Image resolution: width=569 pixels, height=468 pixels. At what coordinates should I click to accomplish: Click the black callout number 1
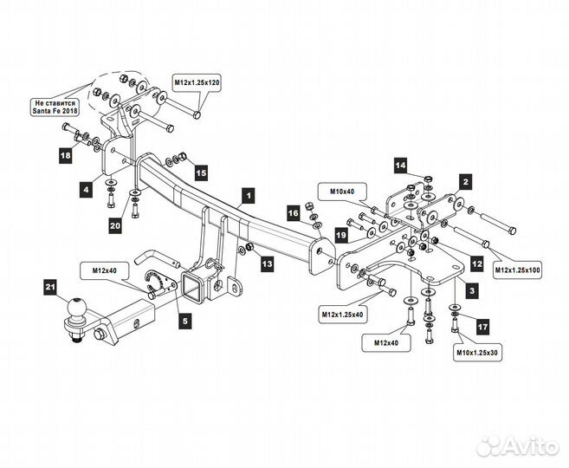(249, 196)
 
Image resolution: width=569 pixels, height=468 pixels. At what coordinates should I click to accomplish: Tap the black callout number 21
(50, 288)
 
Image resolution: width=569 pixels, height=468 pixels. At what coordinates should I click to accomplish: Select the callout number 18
(66, 156)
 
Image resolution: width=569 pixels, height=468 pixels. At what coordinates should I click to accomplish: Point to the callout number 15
(202, 172)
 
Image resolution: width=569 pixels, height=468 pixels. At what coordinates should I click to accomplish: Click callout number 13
(267, 263)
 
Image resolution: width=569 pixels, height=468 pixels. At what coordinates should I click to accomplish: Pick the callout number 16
(294, 213)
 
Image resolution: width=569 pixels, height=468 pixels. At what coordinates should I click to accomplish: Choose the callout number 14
(401, 166)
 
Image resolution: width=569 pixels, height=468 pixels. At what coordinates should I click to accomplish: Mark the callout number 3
(472, 290)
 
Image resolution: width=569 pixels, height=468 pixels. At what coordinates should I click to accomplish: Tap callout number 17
(482, 327)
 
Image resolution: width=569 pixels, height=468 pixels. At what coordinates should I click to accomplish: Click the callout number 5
(185, 321)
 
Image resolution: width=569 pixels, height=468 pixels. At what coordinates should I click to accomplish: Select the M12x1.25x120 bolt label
(197, 83)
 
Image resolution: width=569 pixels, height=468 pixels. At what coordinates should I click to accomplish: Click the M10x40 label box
(342, 192)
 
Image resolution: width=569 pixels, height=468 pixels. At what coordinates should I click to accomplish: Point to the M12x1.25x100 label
(518, 270)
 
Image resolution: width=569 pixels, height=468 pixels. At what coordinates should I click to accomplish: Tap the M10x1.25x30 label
(477, 352)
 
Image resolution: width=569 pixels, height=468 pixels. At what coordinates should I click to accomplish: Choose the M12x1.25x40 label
(343, 315)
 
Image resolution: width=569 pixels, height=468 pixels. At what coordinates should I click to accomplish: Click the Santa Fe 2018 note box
(55, 107)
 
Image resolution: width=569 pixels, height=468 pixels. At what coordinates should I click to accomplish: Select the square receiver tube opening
(191, 287)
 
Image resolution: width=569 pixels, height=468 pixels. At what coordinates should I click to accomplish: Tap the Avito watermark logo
(518, 446)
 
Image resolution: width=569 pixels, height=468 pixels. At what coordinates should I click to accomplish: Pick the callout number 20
(115, 226)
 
